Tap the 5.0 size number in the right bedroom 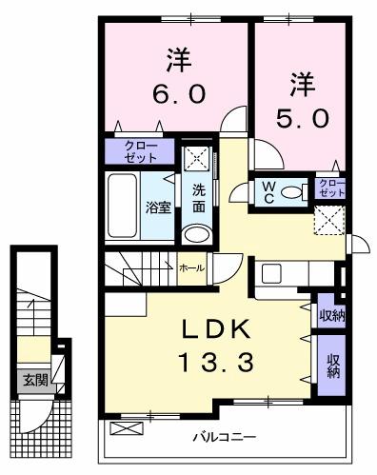coord(304,117)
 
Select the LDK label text coord(218,331)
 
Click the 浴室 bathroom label coord(158,205)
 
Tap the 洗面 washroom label coord(198,197)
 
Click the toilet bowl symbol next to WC coord(295,190)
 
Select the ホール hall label coord(190,268)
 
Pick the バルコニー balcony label coord(224,438)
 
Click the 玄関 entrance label coord(35,380)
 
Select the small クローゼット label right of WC coord(329,187)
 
